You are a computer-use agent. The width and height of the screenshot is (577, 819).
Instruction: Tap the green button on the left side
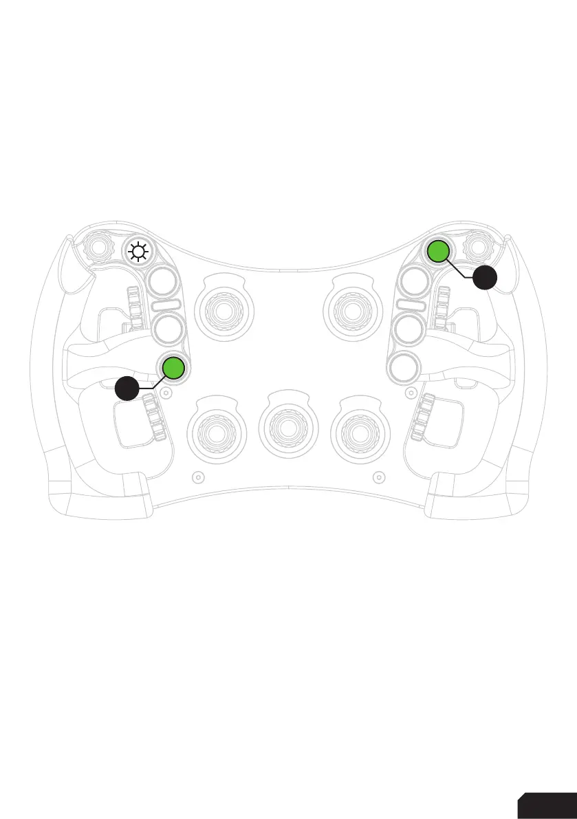coord(173,369)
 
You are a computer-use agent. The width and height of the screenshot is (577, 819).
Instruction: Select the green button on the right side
coord(437,252)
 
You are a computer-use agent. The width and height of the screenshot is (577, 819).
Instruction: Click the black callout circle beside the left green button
coord(129,389)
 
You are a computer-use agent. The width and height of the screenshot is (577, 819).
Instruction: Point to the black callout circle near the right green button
coord(485,277)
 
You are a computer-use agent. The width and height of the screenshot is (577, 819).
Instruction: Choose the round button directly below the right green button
coord(415,281)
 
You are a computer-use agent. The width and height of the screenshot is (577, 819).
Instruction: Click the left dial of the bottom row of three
coord(218,431)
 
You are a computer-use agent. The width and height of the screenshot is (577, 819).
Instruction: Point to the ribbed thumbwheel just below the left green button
coord(157,417)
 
